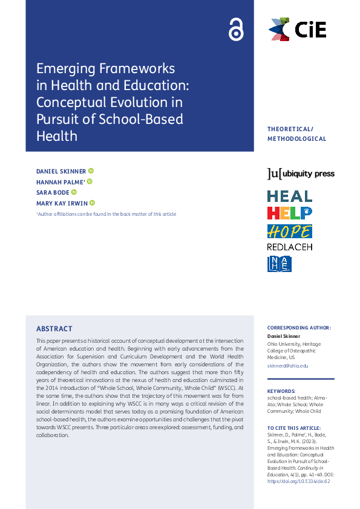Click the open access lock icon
[235, 29]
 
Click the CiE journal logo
[297, 29]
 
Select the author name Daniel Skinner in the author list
[61, 172]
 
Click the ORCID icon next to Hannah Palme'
[90, 181]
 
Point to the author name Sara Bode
[53, 192]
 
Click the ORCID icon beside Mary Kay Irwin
[93, 203]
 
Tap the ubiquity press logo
[301, 174]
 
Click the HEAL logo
[290, 196]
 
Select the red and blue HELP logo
[290, 213]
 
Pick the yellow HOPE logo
[290, 231]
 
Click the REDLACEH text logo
[290, 247]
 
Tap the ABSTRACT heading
[54, 329]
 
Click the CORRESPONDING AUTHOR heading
[299, 328]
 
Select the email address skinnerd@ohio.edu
[288, 366]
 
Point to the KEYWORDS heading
[281, 391]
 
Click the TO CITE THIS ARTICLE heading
[293, 428]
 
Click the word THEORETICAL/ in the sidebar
[290, 129]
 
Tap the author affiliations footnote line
[106, 214]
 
